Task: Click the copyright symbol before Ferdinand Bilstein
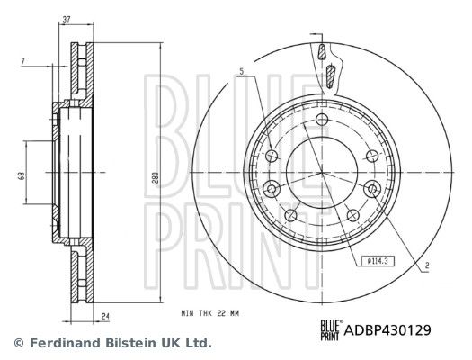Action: point(17,343)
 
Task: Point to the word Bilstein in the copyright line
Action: point(134,343)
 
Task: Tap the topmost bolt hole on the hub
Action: point(322,120)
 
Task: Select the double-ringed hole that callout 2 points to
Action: point(370,187)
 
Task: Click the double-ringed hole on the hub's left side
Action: point(273,187)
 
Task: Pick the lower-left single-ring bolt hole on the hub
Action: point(290,215)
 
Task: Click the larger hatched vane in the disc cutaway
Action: point(329,76)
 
